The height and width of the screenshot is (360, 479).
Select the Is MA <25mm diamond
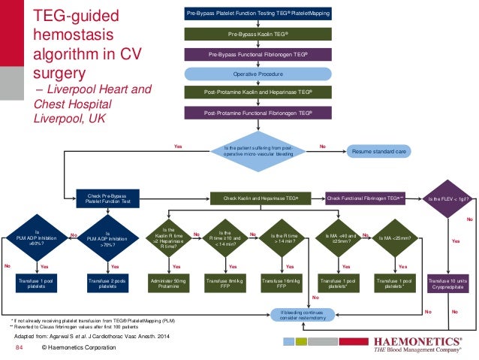pos(393,237)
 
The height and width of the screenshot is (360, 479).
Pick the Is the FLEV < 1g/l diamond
pos(448,198)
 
